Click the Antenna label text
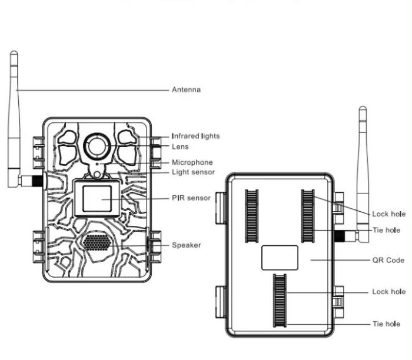click(x=186, y=89)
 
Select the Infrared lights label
click(x=195, y=136)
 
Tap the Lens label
click(x=180, y=146)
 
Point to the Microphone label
click(x=192, y=162)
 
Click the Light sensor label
click(x=193, y=172)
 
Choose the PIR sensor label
click(x=191, y=198)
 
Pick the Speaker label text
click(x=186, y=245)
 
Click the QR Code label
click(x=388, y=260)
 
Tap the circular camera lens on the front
click(x=97, y=146)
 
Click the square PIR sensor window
click(x=97, y=198)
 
